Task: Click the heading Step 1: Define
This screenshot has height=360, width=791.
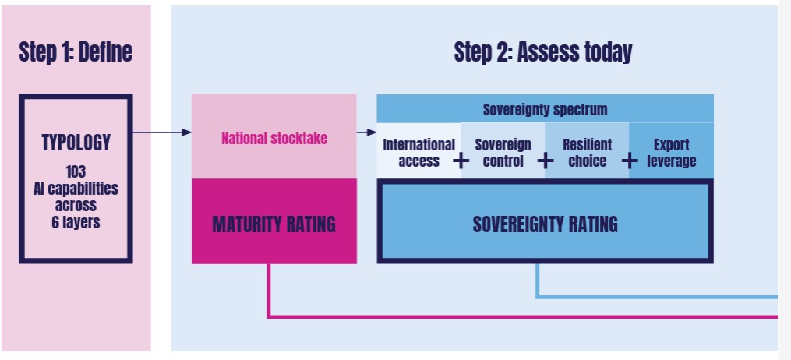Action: point(76,52)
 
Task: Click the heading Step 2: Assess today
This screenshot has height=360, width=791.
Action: point(543,52)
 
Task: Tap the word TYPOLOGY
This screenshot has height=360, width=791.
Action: point(76,143)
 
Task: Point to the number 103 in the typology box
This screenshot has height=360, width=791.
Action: point(76,171)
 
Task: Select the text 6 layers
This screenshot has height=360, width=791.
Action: point(76,222)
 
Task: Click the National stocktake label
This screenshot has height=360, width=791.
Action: point(274,138)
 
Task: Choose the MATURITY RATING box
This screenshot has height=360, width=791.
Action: point(274,221)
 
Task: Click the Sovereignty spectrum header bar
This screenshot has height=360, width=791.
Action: point(546,108)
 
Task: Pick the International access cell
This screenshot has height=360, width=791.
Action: point(418,151)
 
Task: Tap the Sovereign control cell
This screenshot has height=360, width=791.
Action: point(503,151)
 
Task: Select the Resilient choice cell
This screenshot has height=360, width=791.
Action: point(587,151)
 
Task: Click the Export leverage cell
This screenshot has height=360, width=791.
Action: point(672,151)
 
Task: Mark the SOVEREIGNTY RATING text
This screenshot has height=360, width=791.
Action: point(546,224)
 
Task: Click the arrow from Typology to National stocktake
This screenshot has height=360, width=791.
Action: point(162,132)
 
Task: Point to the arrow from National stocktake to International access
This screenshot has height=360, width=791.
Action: point(367,132)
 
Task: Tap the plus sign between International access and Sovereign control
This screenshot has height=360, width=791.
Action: point(461,161)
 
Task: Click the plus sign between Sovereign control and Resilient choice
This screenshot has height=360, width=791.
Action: point(546,161)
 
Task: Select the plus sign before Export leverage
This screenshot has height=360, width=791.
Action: point(630,161)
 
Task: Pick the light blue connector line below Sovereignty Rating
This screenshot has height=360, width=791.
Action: point(656,297)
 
